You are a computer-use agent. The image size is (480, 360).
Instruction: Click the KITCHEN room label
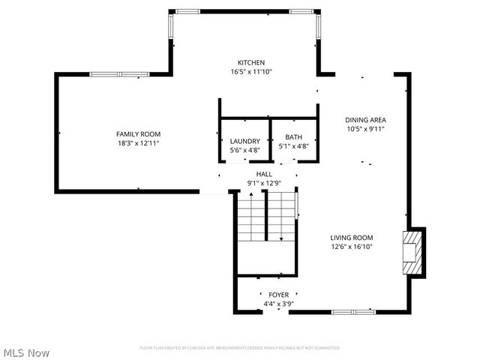point(251,62)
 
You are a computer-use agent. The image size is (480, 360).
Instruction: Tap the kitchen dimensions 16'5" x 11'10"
point(251,72)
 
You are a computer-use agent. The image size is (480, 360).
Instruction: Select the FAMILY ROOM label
point(138,133)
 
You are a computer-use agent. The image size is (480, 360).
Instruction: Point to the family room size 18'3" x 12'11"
point(138,143)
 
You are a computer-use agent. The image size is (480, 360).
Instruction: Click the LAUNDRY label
point(244,141)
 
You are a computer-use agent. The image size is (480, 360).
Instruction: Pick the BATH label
point(293,137)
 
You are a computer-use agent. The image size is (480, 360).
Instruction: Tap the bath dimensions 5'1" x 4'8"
point(293,147)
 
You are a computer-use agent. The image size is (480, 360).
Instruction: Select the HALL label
point(264,173)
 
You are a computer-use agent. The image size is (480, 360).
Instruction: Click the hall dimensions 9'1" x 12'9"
point(264,182)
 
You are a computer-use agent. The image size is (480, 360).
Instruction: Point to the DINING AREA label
point(365,119)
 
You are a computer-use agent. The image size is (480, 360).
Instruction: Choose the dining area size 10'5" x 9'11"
point(365,128)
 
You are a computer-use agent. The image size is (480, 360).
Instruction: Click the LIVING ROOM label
point(352,237)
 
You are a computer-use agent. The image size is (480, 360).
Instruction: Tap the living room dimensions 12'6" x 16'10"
point(352,246)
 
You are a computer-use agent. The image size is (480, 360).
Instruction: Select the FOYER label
point(278,295)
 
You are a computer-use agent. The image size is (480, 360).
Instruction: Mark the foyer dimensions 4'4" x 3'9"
point(278,304)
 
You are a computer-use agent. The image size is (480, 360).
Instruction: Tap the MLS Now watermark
point(27,352)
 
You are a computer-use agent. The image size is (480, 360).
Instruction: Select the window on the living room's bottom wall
point(352,311)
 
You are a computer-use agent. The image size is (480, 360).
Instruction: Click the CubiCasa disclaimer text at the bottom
point(240,348)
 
